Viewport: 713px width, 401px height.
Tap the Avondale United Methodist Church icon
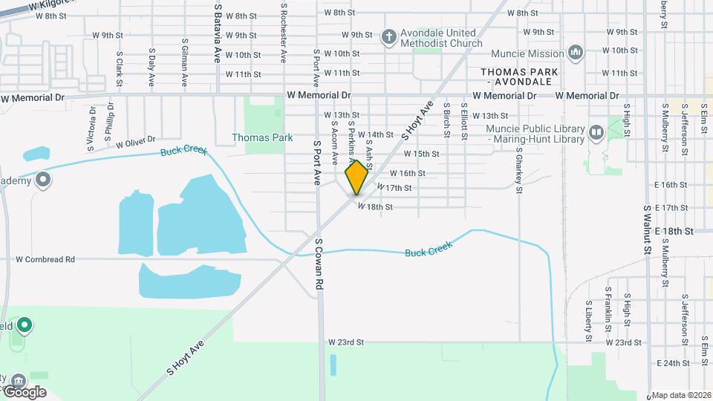point(388,36)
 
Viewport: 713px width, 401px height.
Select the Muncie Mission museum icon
point(575,53)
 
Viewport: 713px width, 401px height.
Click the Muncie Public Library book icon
point(596,133)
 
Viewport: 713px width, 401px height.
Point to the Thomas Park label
point(262,137)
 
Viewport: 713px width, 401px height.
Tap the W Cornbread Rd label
point(45,260)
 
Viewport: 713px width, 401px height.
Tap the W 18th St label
point(375,206)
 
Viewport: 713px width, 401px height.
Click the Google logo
point(24,391)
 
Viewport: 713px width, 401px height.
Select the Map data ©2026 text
point(681,395)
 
